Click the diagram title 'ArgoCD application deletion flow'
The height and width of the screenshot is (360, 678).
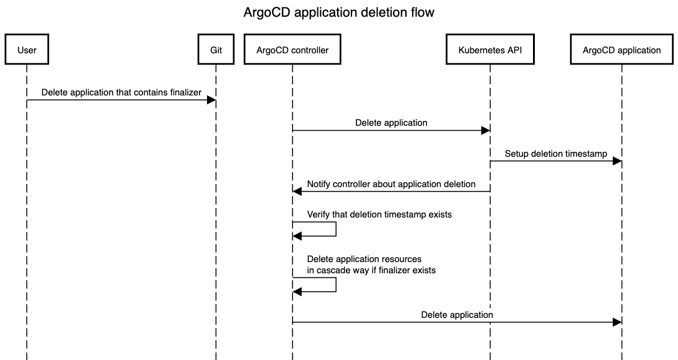pos(338,12)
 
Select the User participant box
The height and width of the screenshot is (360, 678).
pos(27,50)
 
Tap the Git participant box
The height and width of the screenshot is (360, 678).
pos(216,50)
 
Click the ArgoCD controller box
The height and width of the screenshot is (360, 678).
pos(293,50)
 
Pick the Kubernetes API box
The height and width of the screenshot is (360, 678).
pos(490,50)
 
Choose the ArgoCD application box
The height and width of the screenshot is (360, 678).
pos(622,50)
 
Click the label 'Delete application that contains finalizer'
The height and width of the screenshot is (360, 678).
pos(121,92)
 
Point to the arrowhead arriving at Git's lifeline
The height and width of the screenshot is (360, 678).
pos(211,100)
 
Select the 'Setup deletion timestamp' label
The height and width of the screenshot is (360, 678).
pos(556,154)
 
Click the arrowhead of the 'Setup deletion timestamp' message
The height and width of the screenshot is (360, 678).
pos(617,161)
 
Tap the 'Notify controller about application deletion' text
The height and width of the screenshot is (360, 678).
pos(391,184)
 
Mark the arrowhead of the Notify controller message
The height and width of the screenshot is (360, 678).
pos(297,191)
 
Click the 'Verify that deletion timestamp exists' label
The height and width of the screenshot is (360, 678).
pos(379,214)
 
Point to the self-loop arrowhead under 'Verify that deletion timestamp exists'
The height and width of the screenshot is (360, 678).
pos(297,236)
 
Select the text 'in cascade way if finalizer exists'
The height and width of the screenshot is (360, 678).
pos(371,270)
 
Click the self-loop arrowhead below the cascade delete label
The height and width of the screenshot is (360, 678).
pos(297,292)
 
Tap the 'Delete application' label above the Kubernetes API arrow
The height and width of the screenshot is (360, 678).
pos(391,123)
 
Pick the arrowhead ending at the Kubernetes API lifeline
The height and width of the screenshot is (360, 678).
pos(486,131)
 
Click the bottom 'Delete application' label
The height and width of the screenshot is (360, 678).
pos(457,315)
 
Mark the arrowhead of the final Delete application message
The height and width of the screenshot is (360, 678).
pos(617,322)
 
